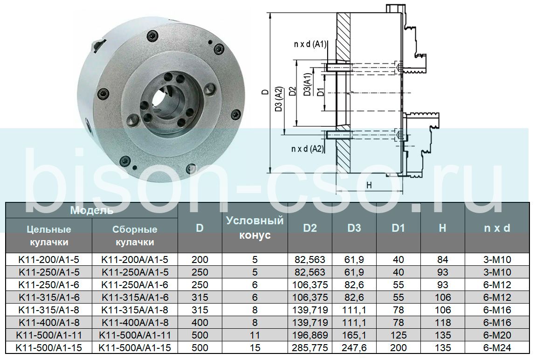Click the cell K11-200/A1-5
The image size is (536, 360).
(x=48, y=259)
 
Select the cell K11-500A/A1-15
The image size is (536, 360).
(x=135, y=348)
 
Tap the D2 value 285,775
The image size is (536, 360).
(x=309, y=348)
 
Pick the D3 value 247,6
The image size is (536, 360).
(x=354, y=348)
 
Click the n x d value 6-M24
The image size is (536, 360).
(x=497, y=348)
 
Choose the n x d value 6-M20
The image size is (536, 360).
(x=497, y=335)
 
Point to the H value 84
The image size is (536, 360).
(x=443, y=259)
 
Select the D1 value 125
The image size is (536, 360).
(x=398, y=335)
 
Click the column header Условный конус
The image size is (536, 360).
(x=255, y=228)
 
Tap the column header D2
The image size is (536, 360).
(x=309, y=228)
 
